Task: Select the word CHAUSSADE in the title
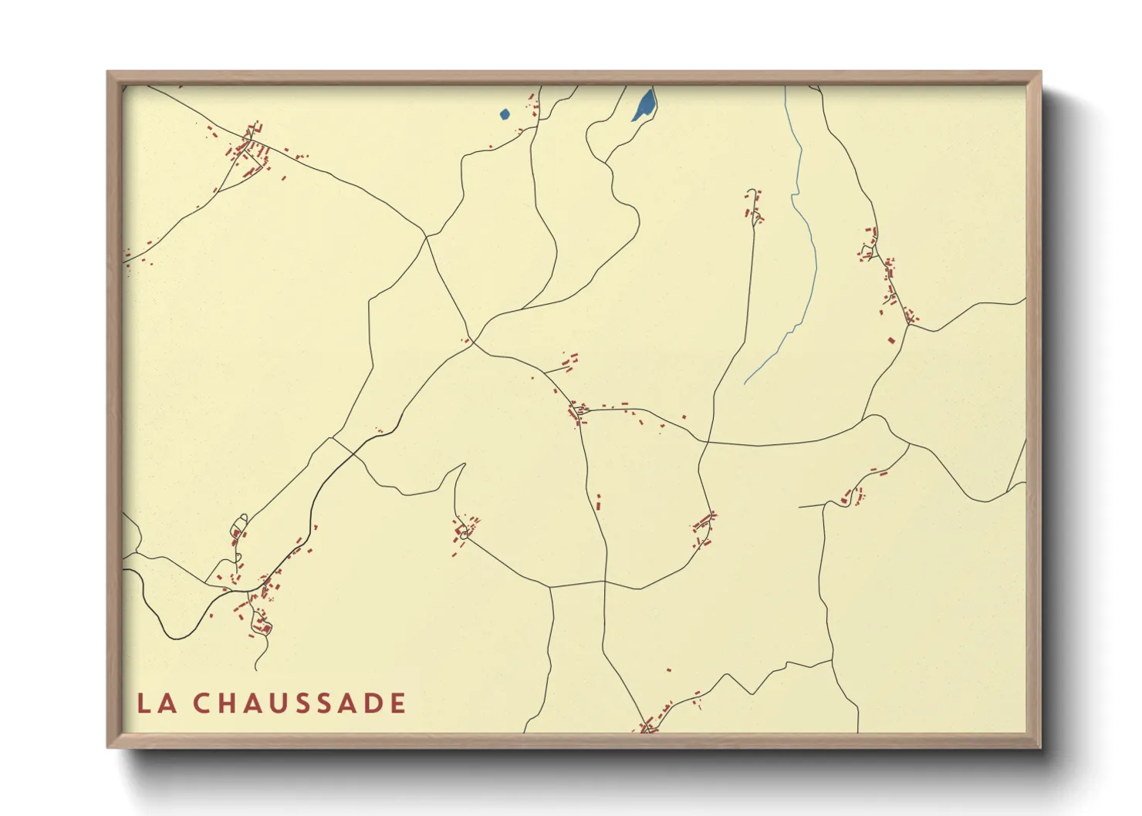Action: [299, 703]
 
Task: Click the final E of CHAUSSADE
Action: [398, 703]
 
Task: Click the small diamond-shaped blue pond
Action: [505, 115]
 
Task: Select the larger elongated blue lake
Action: [644, 105]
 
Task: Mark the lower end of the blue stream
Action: [745, 383]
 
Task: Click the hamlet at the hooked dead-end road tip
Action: [754, 207]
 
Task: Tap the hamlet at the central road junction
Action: [579, 411]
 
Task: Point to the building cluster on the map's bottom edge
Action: [648, 725]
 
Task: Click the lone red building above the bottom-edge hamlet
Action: [669, 669]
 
